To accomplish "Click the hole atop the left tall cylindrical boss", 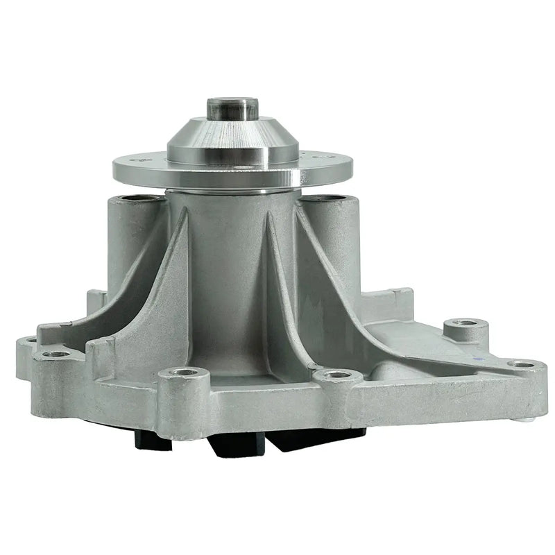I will pos(134,201).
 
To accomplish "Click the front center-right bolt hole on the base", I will pos(338,375).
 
